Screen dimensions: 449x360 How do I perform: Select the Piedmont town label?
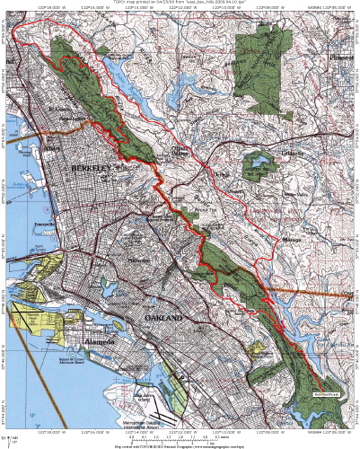[137, 260]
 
